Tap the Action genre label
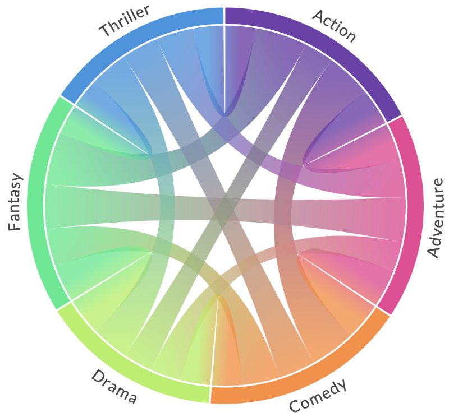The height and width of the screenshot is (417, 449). point(334,26)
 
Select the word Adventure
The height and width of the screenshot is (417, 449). point(435,217)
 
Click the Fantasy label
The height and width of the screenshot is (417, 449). point(15,202)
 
